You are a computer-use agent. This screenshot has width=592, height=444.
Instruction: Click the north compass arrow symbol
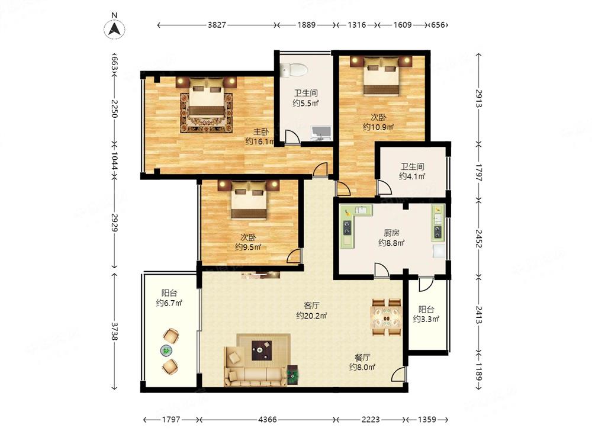point(114,28)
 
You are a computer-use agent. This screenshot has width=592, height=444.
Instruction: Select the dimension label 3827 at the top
point(217,25)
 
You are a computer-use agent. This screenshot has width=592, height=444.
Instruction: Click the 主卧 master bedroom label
point(261,132)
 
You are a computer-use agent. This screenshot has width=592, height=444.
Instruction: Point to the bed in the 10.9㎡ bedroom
point(380,76)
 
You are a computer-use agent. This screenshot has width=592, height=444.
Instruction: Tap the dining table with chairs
point(386,317)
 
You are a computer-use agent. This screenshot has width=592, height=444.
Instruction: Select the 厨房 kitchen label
point(391,233)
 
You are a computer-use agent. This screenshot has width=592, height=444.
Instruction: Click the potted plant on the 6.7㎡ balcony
point(166,350)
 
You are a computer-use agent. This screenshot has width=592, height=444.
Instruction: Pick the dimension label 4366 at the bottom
point(268,420)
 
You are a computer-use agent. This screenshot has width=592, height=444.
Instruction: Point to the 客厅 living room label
point(311,305)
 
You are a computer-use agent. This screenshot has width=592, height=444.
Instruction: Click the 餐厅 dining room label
point(362,357)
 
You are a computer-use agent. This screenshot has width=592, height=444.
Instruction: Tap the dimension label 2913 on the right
point(478,98)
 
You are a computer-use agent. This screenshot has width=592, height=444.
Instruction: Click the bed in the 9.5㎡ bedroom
point(249,200)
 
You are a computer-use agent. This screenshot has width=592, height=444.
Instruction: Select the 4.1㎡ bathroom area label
point(412,176)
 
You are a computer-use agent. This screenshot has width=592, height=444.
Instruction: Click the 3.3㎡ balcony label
point(426,320)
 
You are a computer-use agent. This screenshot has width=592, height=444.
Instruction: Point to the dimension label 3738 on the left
point(114,330)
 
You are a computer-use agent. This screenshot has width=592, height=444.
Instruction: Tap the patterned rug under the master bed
point(207,113)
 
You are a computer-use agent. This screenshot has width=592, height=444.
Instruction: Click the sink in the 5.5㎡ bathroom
point(320,133)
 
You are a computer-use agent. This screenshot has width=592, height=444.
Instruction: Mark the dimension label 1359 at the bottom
point(427,420)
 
